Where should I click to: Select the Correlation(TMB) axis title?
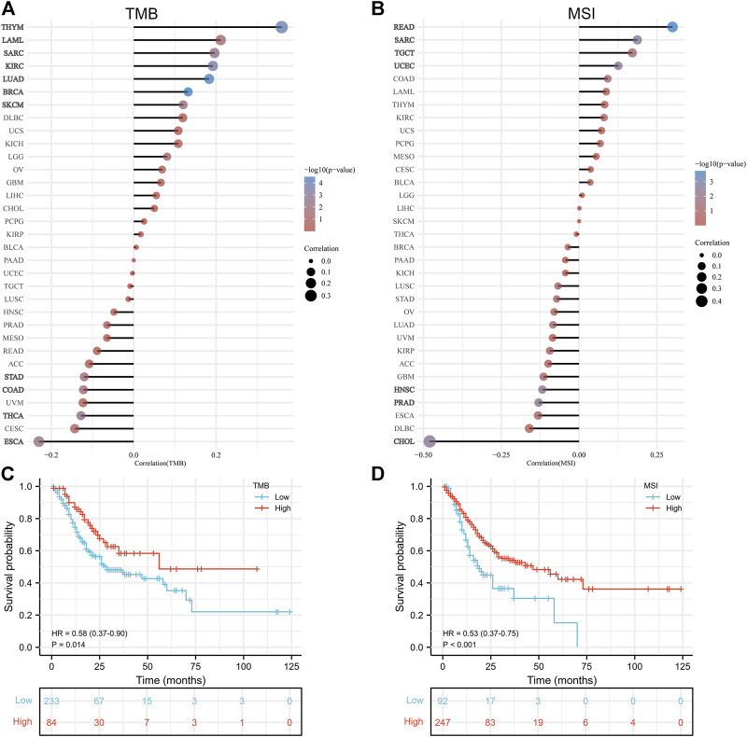point(134,462)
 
